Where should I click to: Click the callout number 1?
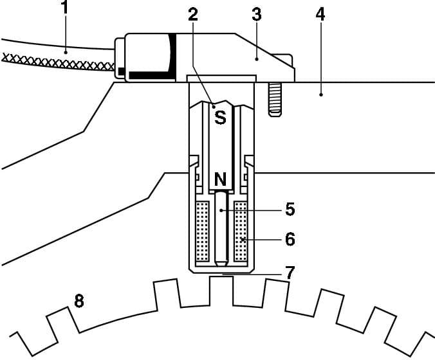pyautogui.click(x=64, y=8)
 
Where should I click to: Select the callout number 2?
pyautogui.click(x=192, y=15)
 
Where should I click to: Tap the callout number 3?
pyautogui.click(x=256, y=14)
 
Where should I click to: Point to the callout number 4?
pyautogui.click(x=320, y=14)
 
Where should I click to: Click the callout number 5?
pyautogui.click(x=290, y=209)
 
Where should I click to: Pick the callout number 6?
pyautogui.click(x=290, y=239)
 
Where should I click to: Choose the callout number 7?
pyautogui.click(x=290, y=272)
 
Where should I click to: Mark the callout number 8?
pyautogui.click(x=79, y=300)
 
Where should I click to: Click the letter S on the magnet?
pyautogui.click(x=220, y=118)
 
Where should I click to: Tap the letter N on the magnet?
pyautogui.click(x=220, y=178)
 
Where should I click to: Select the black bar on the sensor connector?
pyautogui.click(x=152, y=75)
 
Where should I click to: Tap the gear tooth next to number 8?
pyautogui.click(x=61, y=319)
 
